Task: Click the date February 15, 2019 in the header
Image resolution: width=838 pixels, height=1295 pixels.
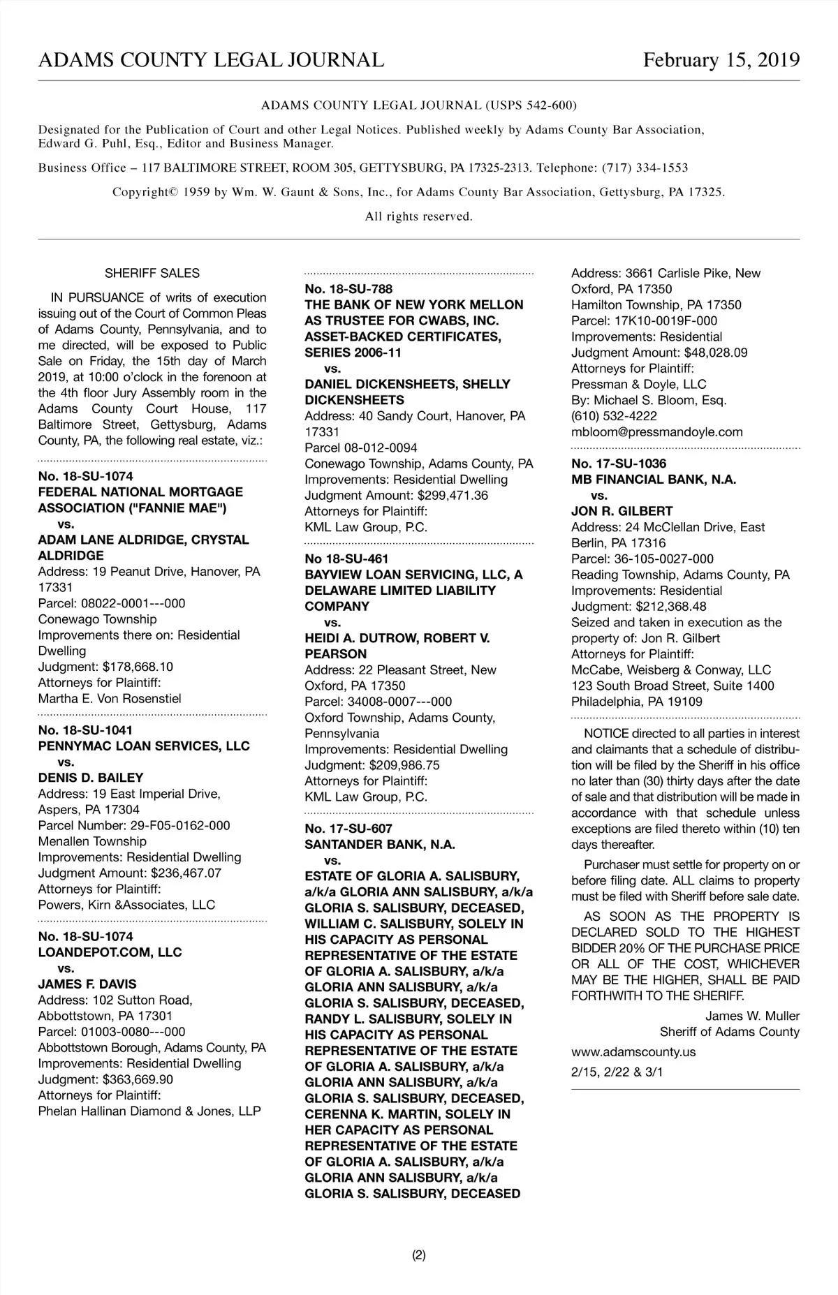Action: [x=721, y=60]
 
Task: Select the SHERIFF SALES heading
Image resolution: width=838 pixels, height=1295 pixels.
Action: [x=152, y=274]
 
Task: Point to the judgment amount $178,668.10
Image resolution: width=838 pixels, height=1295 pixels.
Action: [x=138, y=667]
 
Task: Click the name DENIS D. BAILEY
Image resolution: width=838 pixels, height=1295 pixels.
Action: [x=91, y=778]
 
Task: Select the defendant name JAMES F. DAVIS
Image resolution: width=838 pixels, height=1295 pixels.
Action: [x=87, y=984]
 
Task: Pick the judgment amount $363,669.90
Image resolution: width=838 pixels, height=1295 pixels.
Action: [x=138, y=1079]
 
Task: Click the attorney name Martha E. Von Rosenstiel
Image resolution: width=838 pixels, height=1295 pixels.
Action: [x=110, y=699]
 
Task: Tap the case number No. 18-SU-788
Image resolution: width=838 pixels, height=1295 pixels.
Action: [x=348, y=289]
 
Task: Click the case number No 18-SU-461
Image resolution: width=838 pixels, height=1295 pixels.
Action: [x=346, y=558]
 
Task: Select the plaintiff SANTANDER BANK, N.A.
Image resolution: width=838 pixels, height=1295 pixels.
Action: [x=380, y=845]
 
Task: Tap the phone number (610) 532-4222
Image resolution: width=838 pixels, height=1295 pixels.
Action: [x=614, y=416]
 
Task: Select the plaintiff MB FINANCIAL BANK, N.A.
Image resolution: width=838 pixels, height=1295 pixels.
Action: [x=654, y=480]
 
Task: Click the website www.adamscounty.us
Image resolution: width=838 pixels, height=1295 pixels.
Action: [x=633, y=1052]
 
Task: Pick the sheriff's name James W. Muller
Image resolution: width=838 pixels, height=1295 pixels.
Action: [x=752, y=1016]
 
